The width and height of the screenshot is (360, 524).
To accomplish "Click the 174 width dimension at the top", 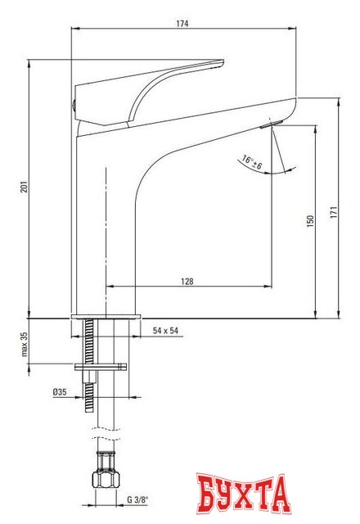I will (182, 25).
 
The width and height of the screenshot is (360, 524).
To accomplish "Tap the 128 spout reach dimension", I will (187, 281).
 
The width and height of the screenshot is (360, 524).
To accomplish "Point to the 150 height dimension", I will (310, 223).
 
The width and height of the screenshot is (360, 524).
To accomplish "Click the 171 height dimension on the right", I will (333, 210).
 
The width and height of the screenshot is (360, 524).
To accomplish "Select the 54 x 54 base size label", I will (165, 331).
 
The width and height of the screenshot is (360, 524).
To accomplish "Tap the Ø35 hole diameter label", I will (59, 393).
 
